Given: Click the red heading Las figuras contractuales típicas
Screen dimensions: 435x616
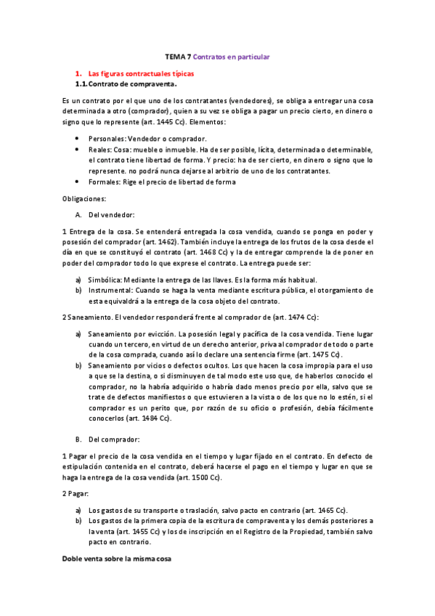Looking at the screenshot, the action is pos(141,73).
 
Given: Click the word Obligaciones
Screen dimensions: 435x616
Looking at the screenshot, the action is pos(84,198).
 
